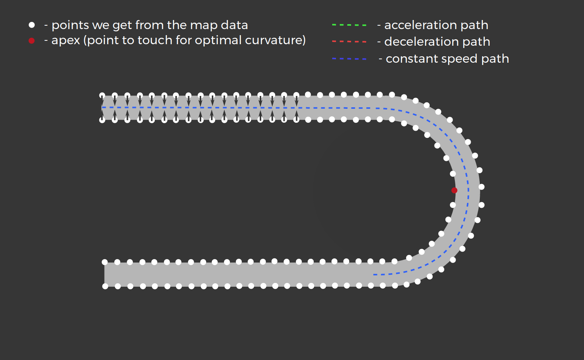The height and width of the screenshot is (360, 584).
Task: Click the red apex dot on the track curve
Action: click(454, 190)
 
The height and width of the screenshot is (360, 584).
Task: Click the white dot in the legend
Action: click(32, 25)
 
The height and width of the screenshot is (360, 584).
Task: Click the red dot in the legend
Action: click(32, 40)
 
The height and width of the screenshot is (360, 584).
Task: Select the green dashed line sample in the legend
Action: click(349, 25)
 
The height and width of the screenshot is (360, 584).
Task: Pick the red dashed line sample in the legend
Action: click(349, 42)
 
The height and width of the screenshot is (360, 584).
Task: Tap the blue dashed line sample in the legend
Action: click(349, 59)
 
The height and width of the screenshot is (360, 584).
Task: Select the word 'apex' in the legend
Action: click(66, 40)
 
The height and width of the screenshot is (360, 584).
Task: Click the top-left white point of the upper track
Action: click(102, 95)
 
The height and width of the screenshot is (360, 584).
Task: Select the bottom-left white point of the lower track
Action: click(105, 286)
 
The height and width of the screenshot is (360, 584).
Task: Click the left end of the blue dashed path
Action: click(103, 107)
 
